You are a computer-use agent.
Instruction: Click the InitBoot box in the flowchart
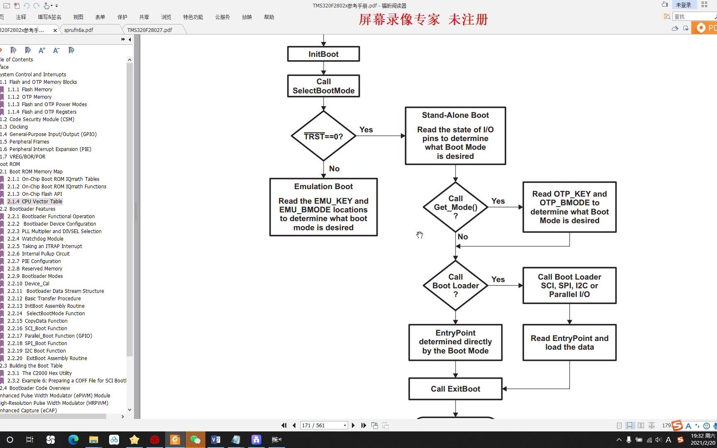coord(323,54)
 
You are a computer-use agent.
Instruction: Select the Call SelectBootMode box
coord(323,86)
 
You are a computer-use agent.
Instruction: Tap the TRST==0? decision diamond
coord(323,136)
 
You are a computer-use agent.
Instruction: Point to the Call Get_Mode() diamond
coord(455,207)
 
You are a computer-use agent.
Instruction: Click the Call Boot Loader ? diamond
coord(455,285)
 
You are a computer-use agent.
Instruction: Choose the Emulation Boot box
coord(323,207)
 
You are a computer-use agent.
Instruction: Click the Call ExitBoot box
coord(455,389)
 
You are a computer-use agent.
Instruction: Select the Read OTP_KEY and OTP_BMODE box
coord(569,207)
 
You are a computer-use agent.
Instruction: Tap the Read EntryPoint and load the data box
coord(569,343)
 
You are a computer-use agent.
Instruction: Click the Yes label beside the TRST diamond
coord(366,130)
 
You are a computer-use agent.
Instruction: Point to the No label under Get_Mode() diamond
coord(463,237)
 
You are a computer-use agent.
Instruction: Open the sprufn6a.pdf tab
coord(79,30)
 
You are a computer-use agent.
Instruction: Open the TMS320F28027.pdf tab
coord(150,30)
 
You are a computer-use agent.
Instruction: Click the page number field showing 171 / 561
coord(321,425)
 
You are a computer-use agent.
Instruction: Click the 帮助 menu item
coord(269,17)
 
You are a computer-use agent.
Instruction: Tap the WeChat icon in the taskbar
coord(195,440)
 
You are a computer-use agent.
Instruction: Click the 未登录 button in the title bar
coord(683,5)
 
